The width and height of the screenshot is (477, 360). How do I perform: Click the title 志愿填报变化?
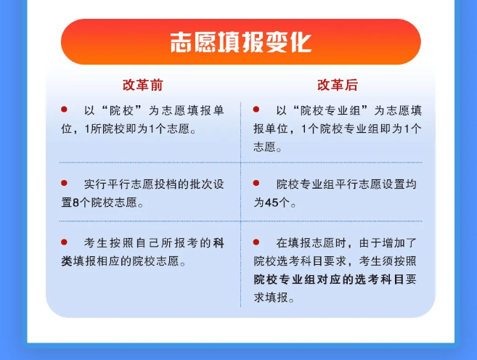point(240,41)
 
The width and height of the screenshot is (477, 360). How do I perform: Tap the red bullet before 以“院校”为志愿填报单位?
point(64,110)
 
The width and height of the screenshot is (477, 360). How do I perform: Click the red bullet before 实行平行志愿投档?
point(64,184)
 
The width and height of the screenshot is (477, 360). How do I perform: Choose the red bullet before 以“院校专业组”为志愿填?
point(256,110)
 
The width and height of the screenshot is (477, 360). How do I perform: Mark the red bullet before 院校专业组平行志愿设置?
point(256,184)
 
